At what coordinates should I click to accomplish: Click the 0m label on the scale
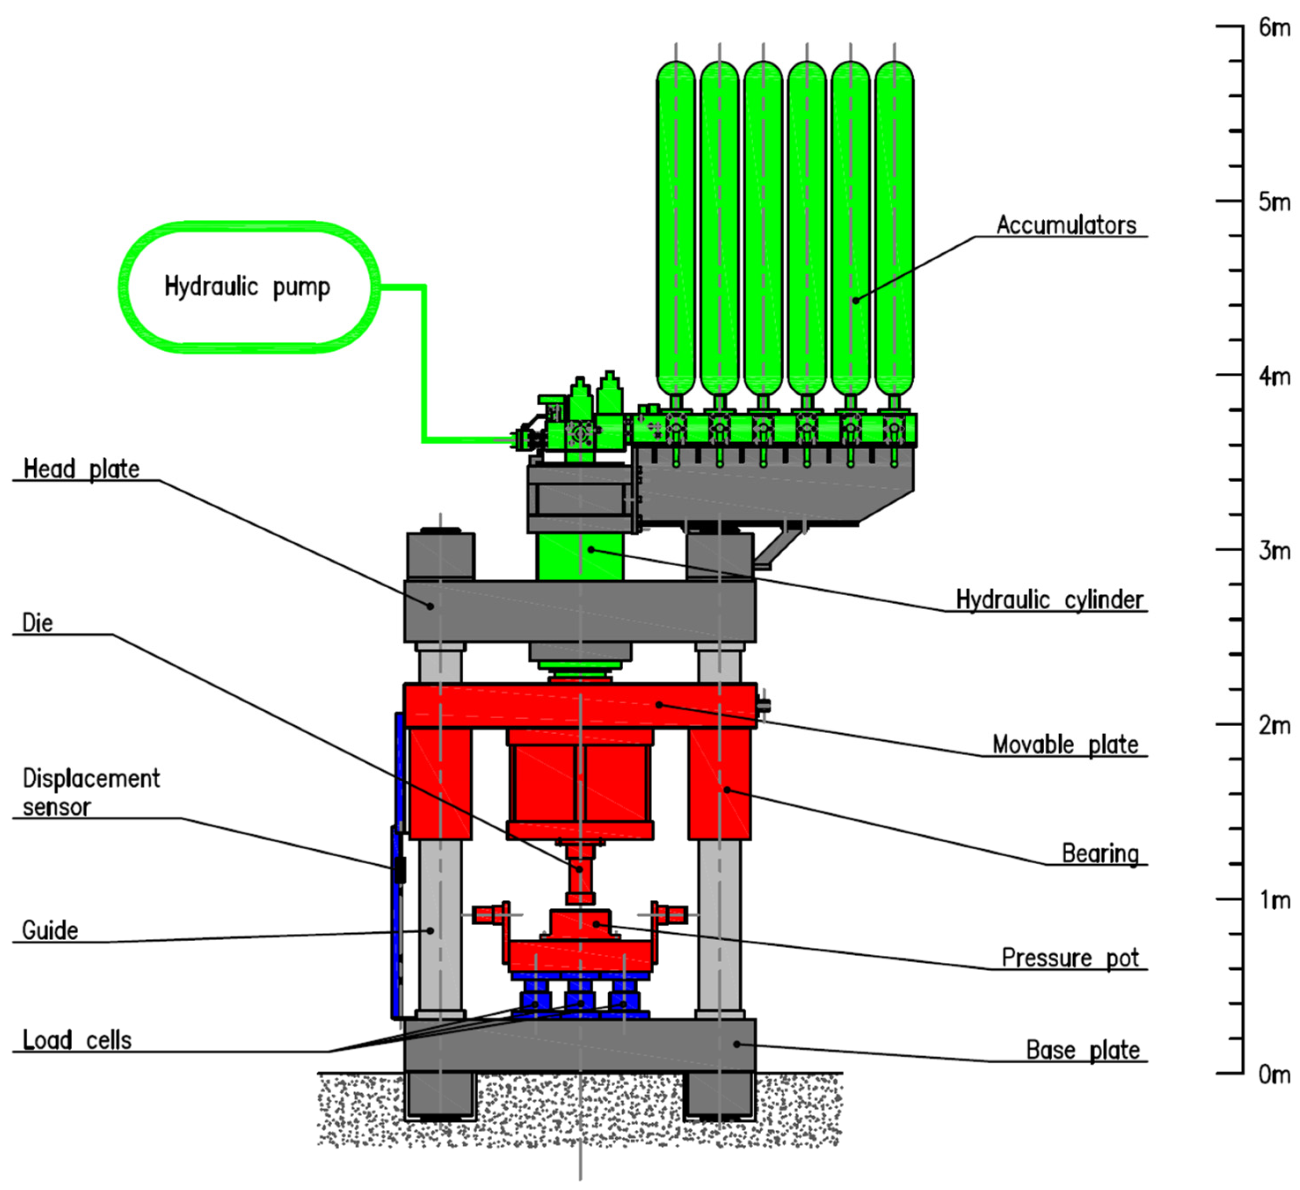[x=1274, y=1074]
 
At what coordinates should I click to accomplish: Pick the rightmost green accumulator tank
[x=894, y=226]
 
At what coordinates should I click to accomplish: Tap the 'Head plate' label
[x=81, y=469]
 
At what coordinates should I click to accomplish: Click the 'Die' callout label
[x=37, y=623]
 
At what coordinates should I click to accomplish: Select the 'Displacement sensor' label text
[x=90, y=793]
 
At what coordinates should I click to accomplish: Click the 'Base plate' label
[x=1083, y=1051]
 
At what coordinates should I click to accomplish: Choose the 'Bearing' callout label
[x=1100, y=853]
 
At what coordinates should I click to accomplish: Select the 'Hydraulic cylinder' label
[x=1049, y=600]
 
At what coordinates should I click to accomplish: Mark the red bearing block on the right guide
[x=719, y=784]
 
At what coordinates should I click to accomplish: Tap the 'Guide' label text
[x=50, y=931]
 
